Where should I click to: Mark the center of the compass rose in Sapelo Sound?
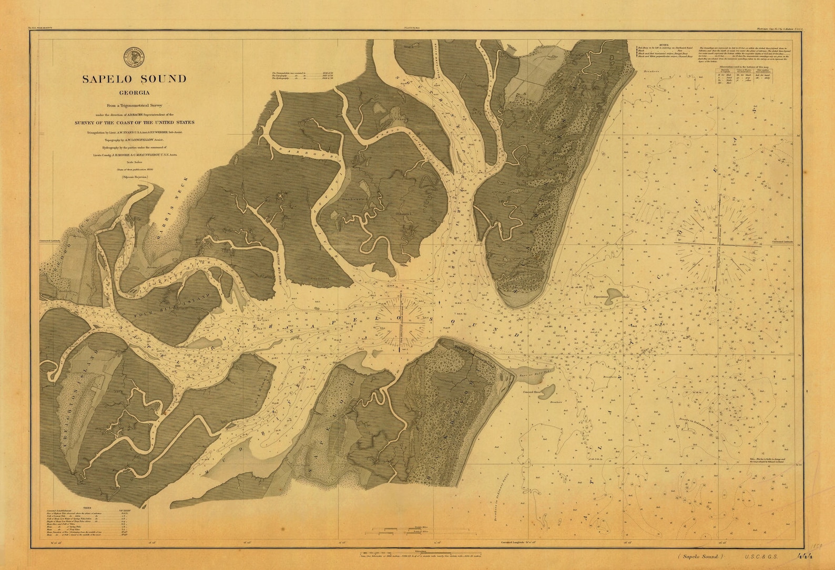[401, 321]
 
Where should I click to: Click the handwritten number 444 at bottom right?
[805, 556]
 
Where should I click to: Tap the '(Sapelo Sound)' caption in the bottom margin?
[700, 556]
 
